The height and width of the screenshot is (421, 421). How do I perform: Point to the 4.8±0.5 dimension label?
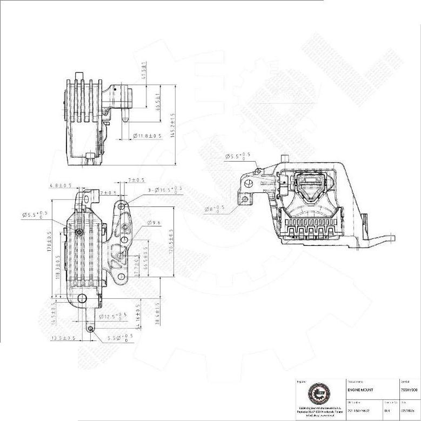61,185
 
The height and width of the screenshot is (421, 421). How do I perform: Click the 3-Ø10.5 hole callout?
164,190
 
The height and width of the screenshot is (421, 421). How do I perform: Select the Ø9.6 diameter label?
154,223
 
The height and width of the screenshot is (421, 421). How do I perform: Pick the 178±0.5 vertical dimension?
49,243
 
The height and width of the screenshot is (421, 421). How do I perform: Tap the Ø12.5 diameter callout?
115,316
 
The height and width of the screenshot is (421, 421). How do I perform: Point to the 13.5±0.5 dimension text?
63,338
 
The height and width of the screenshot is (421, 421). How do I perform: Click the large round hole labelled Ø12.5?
82,298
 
